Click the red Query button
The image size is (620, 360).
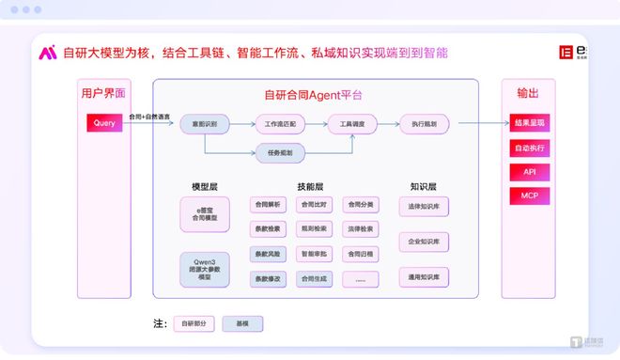click(104, 123)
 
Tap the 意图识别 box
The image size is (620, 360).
click(205, 123)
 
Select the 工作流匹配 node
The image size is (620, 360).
click(281, 123)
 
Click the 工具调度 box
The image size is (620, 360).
click(351, 123)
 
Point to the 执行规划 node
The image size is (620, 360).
click(424, 123)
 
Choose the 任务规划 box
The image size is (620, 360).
click(281, 152)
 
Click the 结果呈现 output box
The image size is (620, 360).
click(529, 123)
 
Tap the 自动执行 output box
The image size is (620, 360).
click(529, 148)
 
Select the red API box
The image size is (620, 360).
click(529, 172)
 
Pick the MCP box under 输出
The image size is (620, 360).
click(529, 196)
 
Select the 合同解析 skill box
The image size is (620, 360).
click(267, 204)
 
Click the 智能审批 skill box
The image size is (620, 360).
click(315, 254)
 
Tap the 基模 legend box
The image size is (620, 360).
click(242, 323)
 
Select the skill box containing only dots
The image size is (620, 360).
click(361, 279)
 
